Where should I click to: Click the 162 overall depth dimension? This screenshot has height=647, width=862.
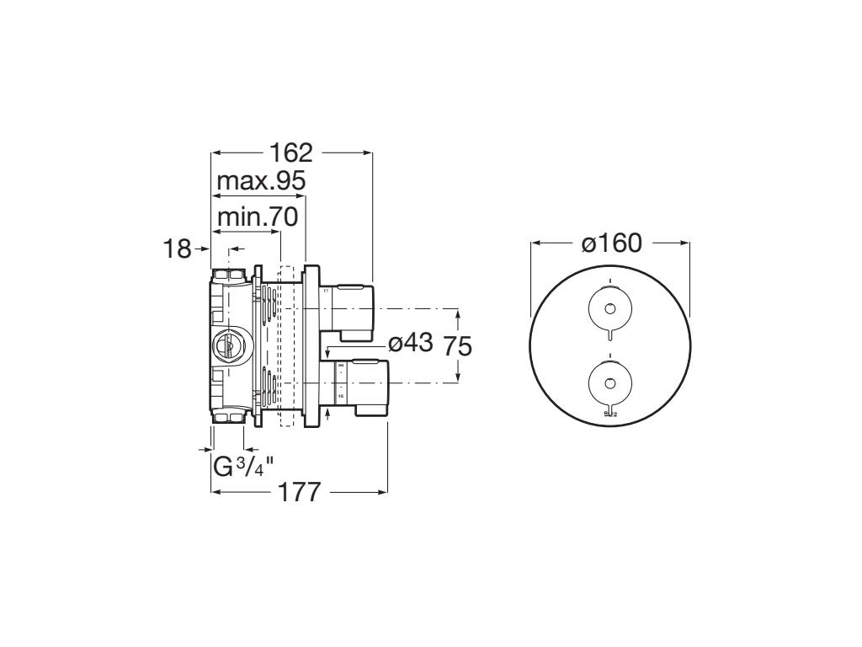click(x=290, y=153)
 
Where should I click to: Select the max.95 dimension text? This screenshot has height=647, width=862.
click(x=260, y=181)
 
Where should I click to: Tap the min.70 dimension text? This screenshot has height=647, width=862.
click(x=257, y=217)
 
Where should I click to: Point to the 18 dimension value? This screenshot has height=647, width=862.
click(x=177, y=249)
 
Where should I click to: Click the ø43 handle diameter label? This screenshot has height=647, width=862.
click(x=410, y=343)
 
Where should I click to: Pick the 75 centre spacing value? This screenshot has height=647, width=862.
click(x=458, y=346)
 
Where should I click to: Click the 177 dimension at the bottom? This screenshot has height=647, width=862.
click(x=299, y=492)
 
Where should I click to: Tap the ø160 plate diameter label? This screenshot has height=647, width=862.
click(x=611, y=244)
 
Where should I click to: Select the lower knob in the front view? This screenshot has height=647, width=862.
click(x=610, y=382)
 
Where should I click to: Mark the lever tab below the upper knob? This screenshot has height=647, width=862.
click(x=610, y=335)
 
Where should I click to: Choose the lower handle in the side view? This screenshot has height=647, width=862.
click(x=358, y=383)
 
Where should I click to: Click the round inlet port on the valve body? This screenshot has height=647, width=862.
click(x=226, y=344)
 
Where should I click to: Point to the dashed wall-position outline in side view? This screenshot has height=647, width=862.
click(x=285, y=345)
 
